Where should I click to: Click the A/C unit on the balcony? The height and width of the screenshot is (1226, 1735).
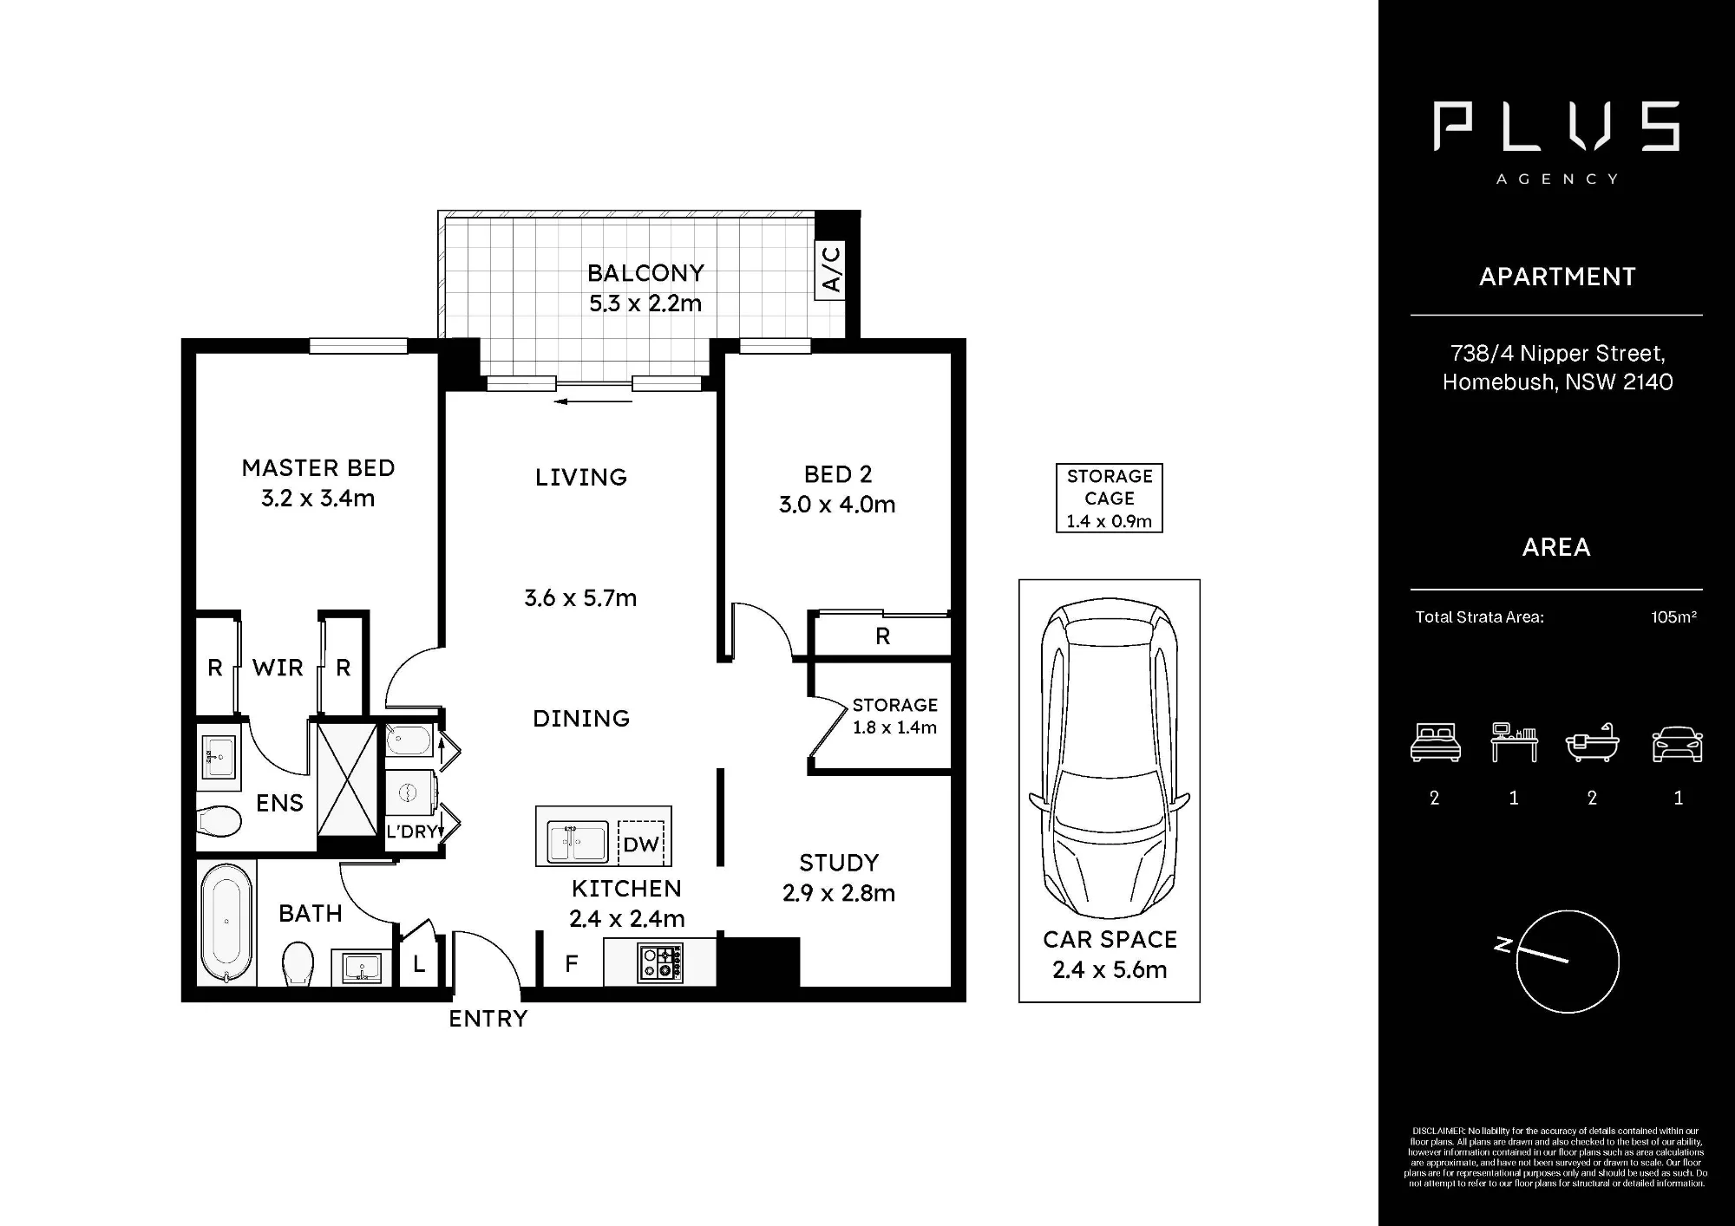click(x=830, y=270)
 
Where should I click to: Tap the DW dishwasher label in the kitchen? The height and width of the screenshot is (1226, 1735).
click(x=641, y=845)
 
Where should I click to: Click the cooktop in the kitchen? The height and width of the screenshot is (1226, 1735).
click(x=660, y=962)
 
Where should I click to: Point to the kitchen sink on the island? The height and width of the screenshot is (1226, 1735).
click(x=578, y=842)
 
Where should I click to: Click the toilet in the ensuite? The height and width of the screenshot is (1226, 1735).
click(x=219, y=821)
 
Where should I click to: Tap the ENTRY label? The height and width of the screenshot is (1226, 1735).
click(x=488, y=1019)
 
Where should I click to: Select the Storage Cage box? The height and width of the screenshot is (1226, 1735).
click(x=1110, y=498)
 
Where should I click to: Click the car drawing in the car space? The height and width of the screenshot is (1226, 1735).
click(x=1109, y=760)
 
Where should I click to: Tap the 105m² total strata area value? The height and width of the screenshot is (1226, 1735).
click(x=1673, y=617)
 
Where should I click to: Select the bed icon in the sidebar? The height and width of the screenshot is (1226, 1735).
click(x=1436, y=743)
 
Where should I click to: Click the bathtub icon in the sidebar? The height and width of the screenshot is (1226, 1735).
click(x=1592, y=742)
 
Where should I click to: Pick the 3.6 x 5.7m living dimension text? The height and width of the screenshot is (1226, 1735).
click(x=580, y=598)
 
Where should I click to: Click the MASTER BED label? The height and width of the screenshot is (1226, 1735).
click(x=318, y=468)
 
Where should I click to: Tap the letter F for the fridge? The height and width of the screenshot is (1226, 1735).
click(x=571, y=963)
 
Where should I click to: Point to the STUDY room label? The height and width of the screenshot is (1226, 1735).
click(x=839, y=863)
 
